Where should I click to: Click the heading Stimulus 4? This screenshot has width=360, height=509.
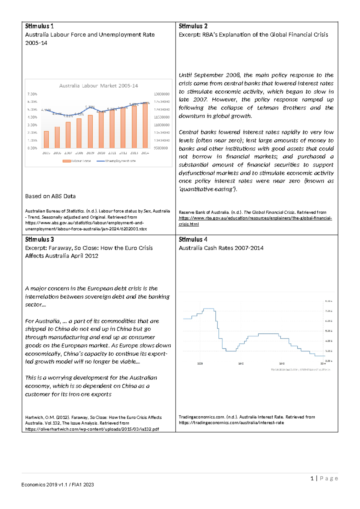(x=193, y=239)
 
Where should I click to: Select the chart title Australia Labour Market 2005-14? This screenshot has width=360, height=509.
(x=98, y=86)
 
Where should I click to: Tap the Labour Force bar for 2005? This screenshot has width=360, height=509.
(x=46, y=140)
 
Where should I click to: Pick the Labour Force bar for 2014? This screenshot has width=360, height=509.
(x=145, y=125)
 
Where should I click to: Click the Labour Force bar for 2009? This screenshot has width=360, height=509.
(x=90, y=131)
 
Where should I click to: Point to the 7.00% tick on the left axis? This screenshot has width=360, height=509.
(x=32, y=94)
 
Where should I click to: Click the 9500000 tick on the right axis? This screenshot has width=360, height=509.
(x=161, y=148)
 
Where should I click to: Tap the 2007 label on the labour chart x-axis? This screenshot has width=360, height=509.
(x=68, y=153)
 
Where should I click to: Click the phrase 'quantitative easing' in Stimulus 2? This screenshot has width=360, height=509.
(x=208, y=189)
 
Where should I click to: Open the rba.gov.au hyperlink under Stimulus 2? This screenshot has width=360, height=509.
(x=255, y=218)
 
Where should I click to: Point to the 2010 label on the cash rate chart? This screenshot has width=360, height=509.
(x=241, y=363)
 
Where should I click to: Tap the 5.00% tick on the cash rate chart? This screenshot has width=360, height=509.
(x=329, y=331)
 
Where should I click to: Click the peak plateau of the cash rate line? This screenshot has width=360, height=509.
(x=208, y=309)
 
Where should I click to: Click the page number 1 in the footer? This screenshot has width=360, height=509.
(x=312, y=478)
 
